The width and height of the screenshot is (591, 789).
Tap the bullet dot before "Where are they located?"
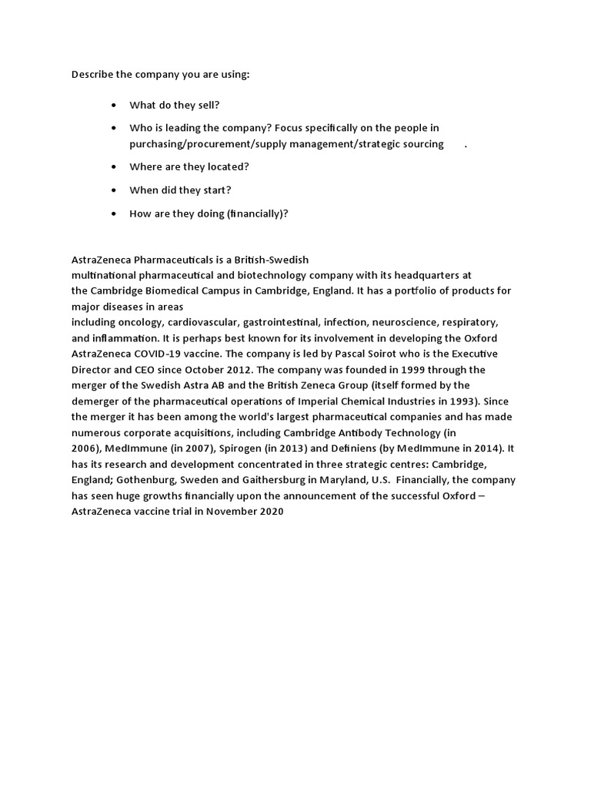click(114, 166)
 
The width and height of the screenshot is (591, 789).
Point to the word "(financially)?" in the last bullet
click(257, 213)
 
